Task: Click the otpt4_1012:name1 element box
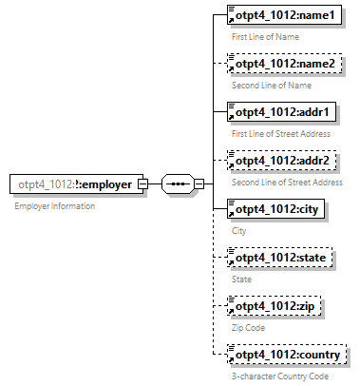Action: point(283,16)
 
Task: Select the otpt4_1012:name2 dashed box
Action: point(283,64)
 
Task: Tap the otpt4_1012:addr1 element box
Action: point(281,113)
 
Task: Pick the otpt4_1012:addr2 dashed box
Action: point(281,161)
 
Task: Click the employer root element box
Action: point(75,184)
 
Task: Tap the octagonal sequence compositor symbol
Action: point(178,184)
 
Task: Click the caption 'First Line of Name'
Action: point(267,36)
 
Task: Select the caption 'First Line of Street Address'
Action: point(282,133)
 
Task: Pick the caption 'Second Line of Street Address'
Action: point(287,182)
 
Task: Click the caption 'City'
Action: point(238,230)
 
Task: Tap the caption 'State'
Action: point(241,279)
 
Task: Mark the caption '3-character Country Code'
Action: point(280,376)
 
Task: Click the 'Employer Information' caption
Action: point(54,205)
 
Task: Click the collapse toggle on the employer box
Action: point(142,184)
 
